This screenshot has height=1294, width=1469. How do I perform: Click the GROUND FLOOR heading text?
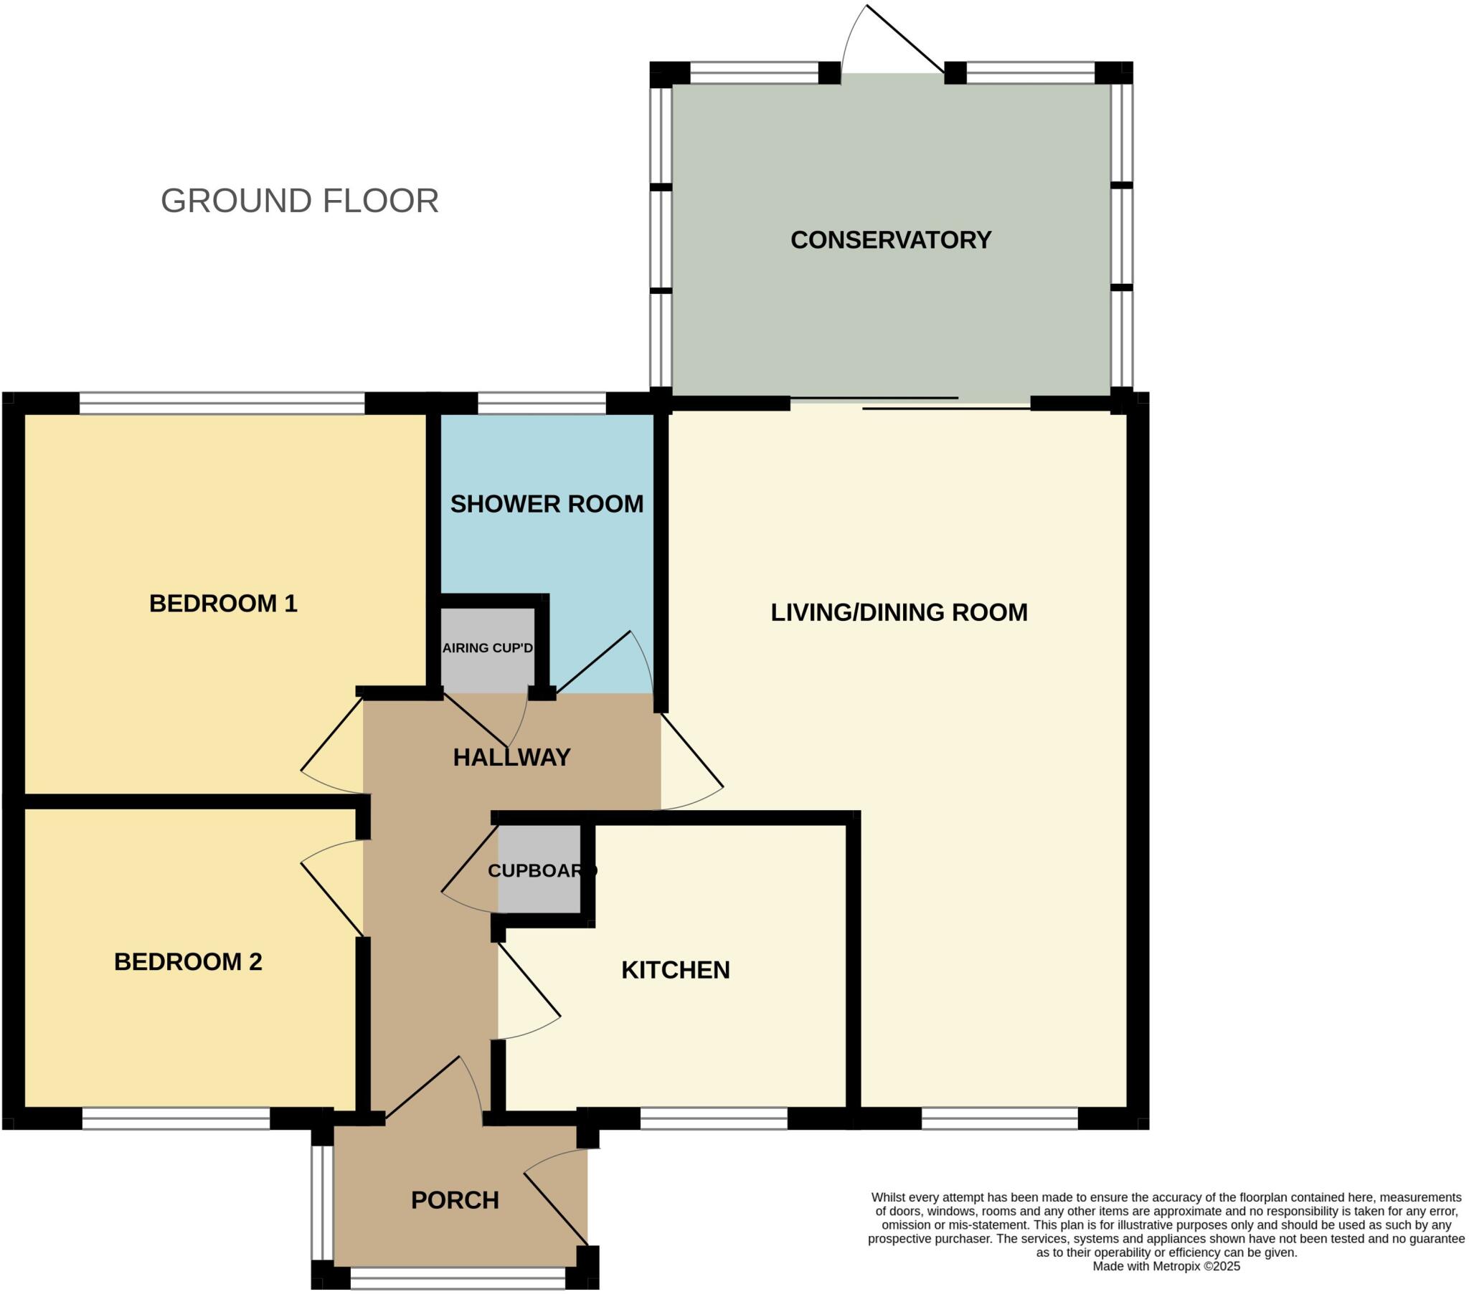tap(300, 201)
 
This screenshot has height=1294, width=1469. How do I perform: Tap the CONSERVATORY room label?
tap(890, 240)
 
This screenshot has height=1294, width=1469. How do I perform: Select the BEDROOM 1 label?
tap(223, 604)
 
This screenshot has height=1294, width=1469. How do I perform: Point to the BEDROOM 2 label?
tap(189, 961)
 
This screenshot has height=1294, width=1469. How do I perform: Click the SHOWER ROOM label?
tap(547, 505)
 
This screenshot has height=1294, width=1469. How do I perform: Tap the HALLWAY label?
tap(511, 757)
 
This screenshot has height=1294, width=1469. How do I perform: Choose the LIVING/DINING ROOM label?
tap(899, 612)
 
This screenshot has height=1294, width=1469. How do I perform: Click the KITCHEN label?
tap(676, 970)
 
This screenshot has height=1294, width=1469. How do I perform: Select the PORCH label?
tap(455, 1200)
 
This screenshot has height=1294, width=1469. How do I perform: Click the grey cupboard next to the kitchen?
tap(539, 870)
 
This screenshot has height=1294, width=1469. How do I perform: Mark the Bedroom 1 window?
tap(222, 403)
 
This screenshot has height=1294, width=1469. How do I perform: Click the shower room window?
tap(542, 403)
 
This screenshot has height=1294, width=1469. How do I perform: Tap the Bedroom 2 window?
tap(176, 1118)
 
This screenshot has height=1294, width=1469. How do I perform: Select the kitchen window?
tap(714, 1118)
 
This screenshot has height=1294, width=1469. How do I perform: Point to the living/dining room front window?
tap(1000, 1118)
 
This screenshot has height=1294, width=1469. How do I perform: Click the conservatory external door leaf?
tap(905, 39)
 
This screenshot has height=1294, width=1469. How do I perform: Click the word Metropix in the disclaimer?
tap(1177, 1267)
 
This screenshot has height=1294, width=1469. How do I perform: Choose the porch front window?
tap(458, 1278)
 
